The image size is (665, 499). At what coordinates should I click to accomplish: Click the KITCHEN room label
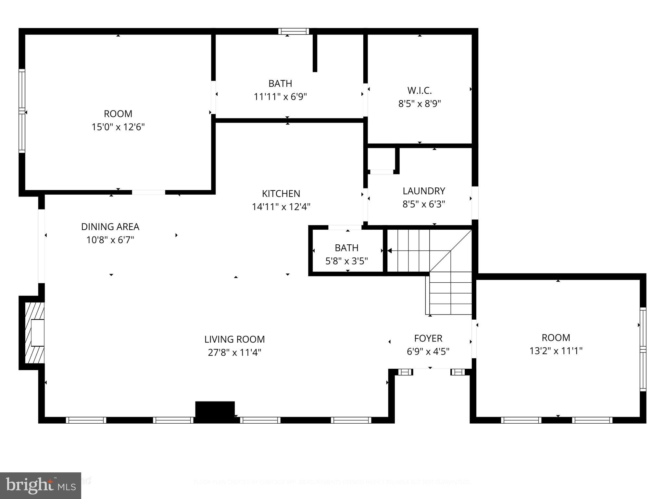click(281, 194)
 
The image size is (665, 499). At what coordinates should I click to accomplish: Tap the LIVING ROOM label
click(234, 339)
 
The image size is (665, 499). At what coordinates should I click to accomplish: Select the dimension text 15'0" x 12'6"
click(118, 127)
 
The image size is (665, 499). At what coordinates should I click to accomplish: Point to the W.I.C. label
click(420, 90)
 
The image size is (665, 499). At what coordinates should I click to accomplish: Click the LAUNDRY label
click(424, 191)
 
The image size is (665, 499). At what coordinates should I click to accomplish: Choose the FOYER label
click(428, 339)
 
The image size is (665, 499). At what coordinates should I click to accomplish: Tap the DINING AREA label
click(110, 227)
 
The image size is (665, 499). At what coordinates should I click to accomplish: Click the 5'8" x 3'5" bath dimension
click(346, 261)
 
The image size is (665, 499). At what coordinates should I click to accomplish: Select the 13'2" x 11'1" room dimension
click(556, 351)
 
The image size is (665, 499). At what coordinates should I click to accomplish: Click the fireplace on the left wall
click(35, 333)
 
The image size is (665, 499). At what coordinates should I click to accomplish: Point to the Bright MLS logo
click(40, 485)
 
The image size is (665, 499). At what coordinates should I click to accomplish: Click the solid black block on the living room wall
click(215, 411)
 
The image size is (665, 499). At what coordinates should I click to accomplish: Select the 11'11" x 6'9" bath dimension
click(280, 97)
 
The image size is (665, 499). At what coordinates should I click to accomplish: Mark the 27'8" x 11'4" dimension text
click(234, 353)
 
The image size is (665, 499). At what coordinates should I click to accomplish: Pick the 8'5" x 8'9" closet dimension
click(420, 104)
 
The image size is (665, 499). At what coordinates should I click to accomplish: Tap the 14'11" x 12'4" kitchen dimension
click(281, 207)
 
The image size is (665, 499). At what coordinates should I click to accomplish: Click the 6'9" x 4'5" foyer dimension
click(428, 352)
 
